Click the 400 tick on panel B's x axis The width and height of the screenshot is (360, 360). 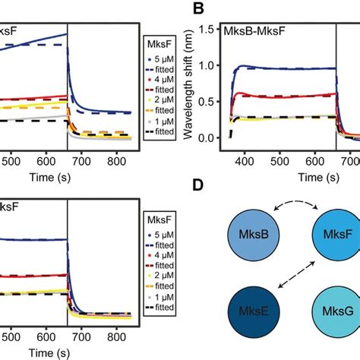coord(244,162)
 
